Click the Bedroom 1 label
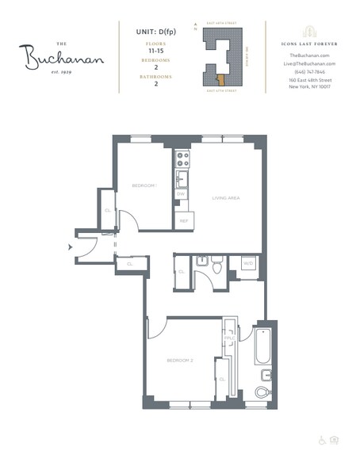coord(144,185)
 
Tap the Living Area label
coord(225,198)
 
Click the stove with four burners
coord(182,158)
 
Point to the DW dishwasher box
coord(182,194)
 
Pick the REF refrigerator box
coord(183,221)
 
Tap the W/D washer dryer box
coord(247,263)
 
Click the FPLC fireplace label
coord(228,338)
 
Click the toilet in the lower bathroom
coord(262,391)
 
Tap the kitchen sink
coord(182,176)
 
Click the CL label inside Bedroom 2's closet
coord(223,380)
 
